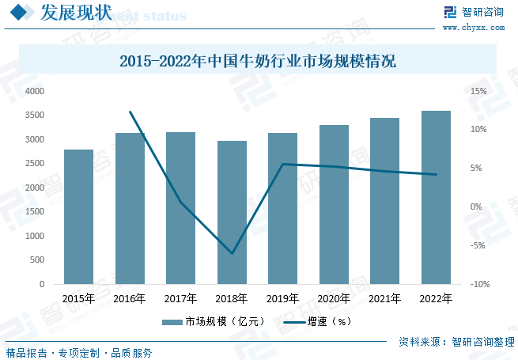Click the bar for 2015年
(78, 216)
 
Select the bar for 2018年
(232, 212)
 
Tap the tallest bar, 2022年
(436, 197)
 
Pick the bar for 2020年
(334, 204)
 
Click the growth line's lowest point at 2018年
(232, 253)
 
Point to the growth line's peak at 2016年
(130, 112)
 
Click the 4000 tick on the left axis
(35, 92)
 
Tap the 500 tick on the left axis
(38, 260)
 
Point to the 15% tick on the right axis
(478, 92)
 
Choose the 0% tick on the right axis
(476, 207)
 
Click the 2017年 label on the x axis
(180, 299)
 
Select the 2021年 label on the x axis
(385, 299)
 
